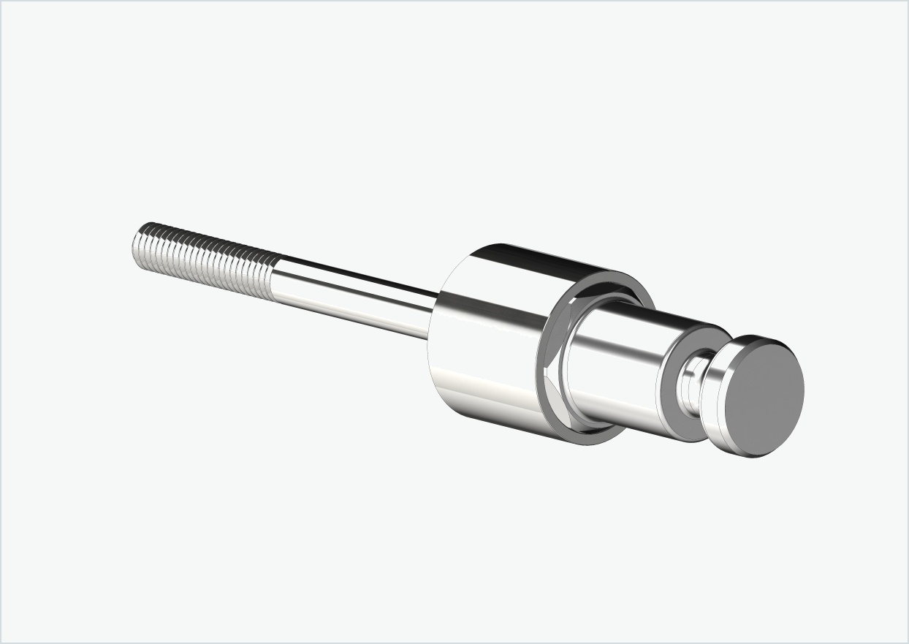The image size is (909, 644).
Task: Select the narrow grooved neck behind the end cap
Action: [x=691, y=384]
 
